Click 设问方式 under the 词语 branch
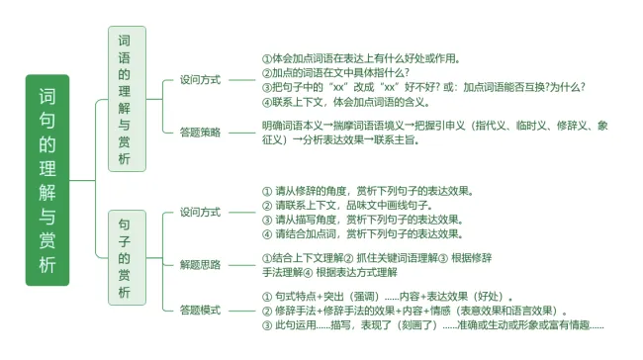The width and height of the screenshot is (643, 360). pyautogui.click(x=200, y=79)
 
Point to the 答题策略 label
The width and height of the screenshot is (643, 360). pyautogui.click(x=200, y=132)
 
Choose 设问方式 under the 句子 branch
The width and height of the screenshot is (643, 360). pyautogui.click(x=200, y=212)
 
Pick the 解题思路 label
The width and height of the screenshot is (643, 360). pyautogui.click(x=200, y=264)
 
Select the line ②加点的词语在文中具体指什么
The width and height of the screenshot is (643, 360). pyautogui.click(x=335, y=72)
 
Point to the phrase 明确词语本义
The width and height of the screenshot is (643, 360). pyautogui.click(x=292, y=126)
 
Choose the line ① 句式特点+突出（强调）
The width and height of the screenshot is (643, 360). pyautogui.click(x=387, y=296)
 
